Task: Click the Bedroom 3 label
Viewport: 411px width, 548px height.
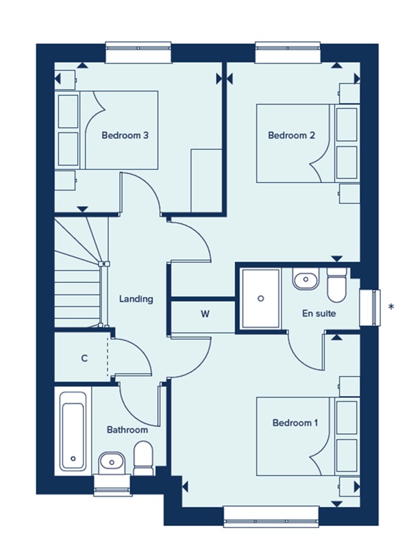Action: [x=125, y=136]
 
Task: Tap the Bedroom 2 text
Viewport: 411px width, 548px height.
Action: [x=291, y=136]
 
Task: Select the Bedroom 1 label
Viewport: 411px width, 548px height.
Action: [x=295, y=423]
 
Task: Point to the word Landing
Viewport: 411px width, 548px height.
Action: [x=136, y=299]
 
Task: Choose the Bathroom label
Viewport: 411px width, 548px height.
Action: [x=127, y=430]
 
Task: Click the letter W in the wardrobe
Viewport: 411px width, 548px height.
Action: [x=205, y=315]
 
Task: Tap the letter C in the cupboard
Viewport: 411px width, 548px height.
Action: [x=84, y=358]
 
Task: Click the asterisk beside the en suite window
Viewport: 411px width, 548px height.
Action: [x=391, y=306]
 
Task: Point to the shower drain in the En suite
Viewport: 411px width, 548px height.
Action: [x=261, y=299]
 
